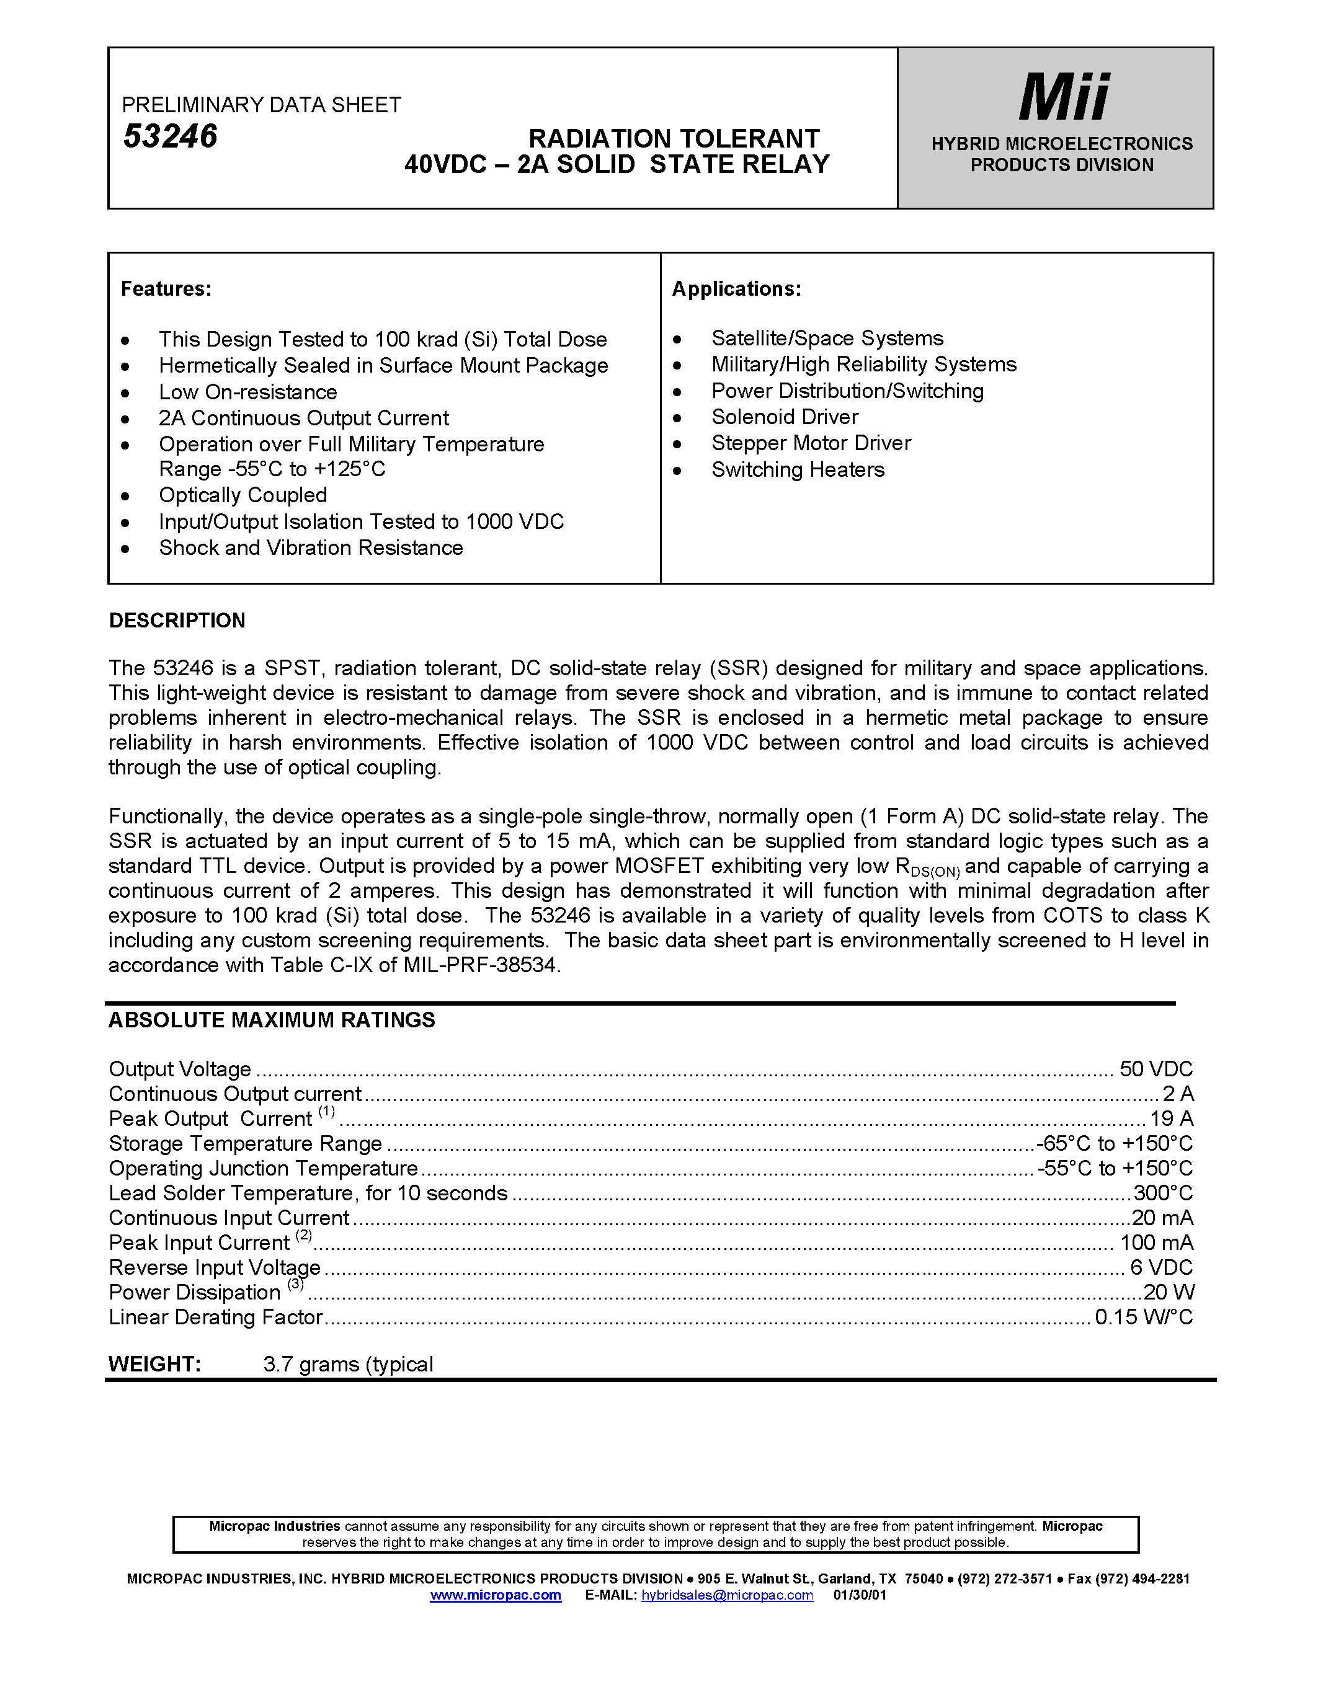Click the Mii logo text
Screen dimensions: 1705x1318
[x=1064, y=97]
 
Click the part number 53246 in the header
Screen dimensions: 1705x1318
[x=170, y=136]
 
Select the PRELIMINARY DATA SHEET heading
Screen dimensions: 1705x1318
[x=262, y=105]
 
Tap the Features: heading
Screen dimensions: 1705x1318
[x=166, y=289]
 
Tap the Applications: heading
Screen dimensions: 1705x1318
[x=736, y=289]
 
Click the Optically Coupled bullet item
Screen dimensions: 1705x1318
[x=243, y=495]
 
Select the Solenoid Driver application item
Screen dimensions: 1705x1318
[x=784, y=417]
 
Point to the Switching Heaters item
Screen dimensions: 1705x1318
[x=797, y=469]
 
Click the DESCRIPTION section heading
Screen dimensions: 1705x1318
[x=177, y=620]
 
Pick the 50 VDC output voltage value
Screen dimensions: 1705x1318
[x=1155, y=1069]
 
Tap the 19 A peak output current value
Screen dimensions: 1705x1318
[x=1171, y=1118]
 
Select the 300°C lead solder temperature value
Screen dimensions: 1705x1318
[x=1162, y=1193]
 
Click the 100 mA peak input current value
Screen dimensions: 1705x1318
[x=1156, y=1243]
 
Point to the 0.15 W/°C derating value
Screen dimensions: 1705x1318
[x=1143, y=1317]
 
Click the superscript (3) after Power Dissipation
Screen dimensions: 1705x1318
[x=295, y=1284]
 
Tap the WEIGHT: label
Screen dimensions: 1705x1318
[x=154, y=1364]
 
